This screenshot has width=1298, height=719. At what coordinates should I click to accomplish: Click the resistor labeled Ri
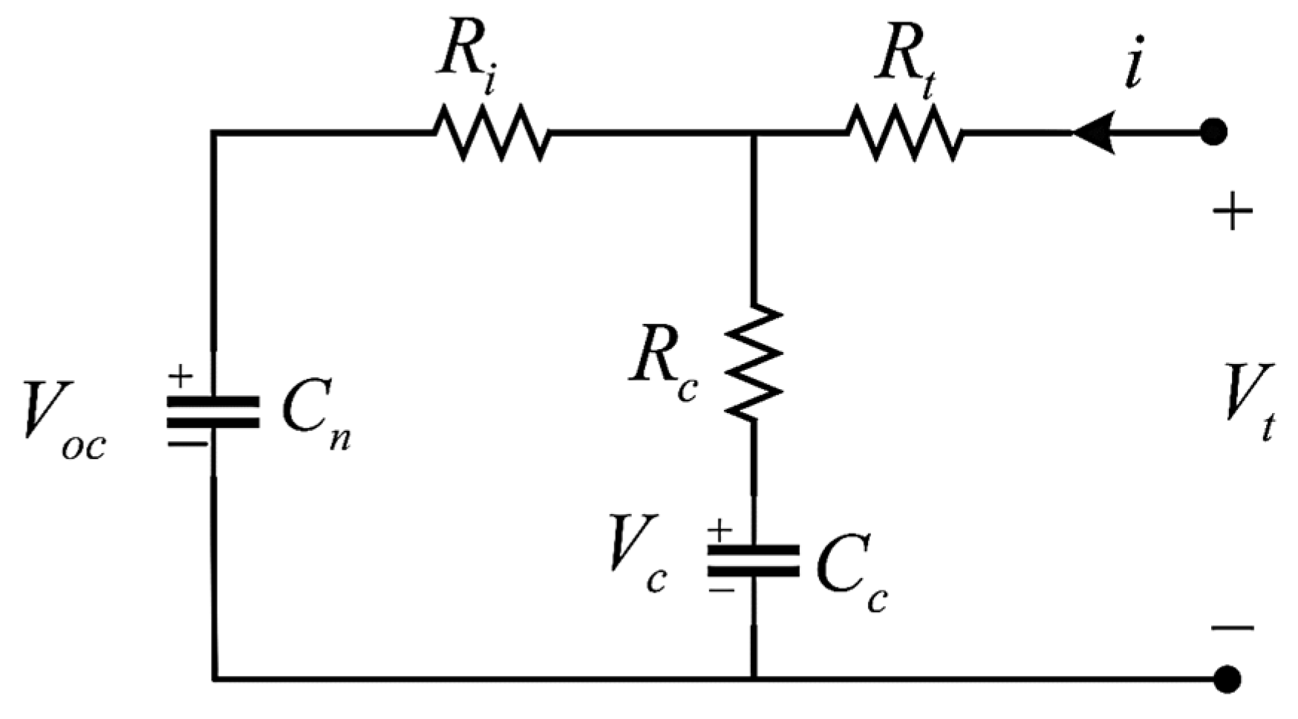(492, 133)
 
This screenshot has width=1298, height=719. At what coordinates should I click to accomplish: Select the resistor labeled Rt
(904, 133)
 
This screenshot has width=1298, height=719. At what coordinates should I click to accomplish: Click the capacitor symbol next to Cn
(213, 412)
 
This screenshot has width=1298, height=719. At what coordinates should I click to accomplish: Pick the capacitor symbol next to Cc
(753, 561)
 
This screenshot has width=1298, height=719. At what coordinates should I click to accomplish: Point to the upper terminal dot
(1213, 133)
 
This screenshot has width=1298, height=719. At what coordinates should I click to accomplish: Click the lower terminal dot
(1226, 678)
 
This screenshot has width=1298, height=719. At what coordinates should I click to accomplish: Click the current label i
(1133, 62)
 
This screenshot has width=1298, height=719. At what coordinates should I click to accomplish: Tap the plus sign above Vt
(1233, 213)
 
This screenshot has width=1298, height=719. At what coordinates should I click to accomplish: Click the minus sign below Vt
(1233, 628)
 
